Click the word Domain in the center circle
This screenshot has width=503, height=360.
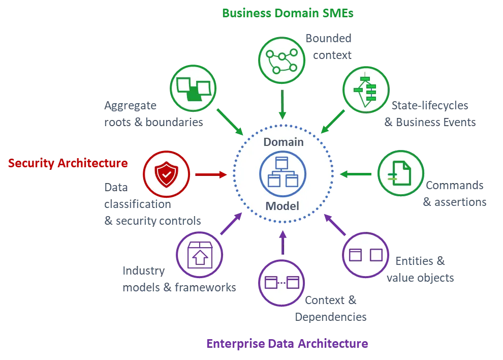coord(283,142)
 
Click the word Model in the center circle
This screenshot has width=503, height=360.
coord(282,206)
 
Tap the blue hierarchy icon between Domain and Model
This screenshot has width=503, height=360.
coord(282,174)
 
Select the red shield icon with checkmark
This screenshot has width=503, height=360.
coord(166,174)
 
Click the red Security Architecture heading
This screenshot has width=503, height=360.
coord(68,164)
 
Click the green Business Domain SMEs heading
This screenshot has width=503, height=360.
coord(287,13)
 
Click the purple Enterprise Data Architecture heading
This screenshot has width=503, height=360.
coord(287,343)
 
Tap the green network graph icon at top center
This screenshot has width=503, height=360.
coord(282,60)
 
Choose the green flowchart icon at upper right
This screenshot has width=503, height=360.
coord(366,90)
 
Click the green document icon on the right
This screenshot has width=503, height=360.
coord(401,173)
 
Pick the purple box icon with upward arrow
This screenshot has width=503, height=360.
coord(200,254)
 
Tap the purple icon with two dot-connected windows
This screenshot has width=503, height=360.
coord(282,283)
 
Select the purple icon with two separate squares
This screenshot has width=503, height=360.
coord(365,255)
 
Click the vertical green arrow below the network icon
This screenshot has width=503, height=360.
coord(282,105)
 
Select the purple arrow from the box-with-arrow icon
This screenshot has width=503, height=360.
coord(231,224)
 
